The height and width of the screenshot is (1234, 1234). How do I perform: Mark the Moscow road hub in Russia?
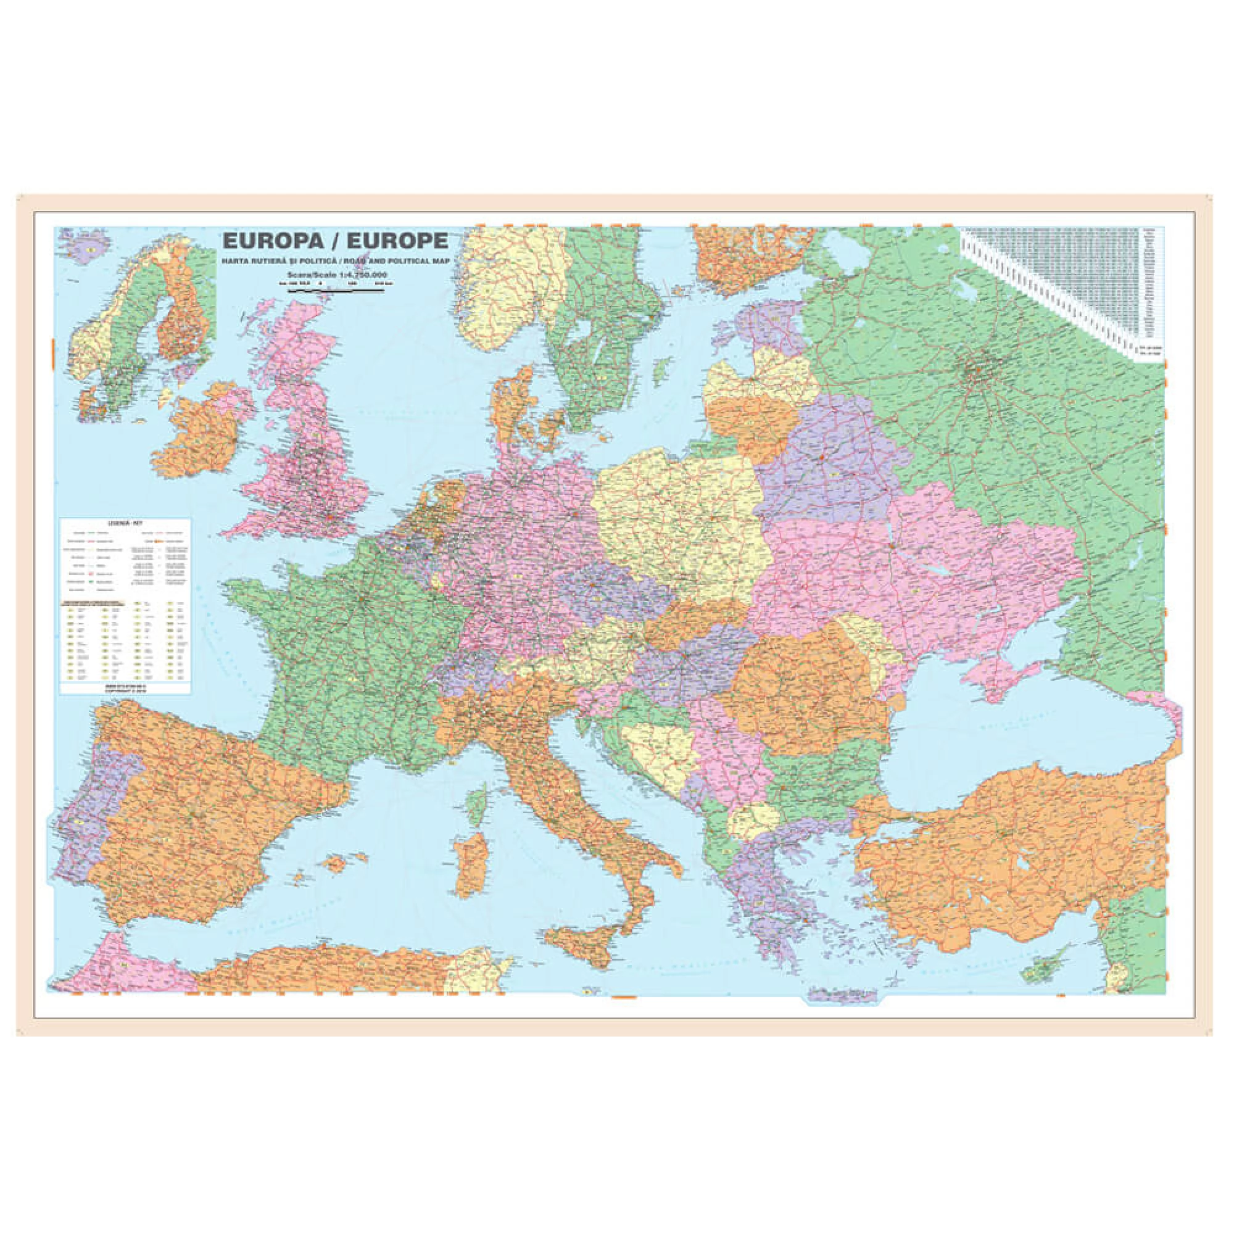(978, 370)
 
